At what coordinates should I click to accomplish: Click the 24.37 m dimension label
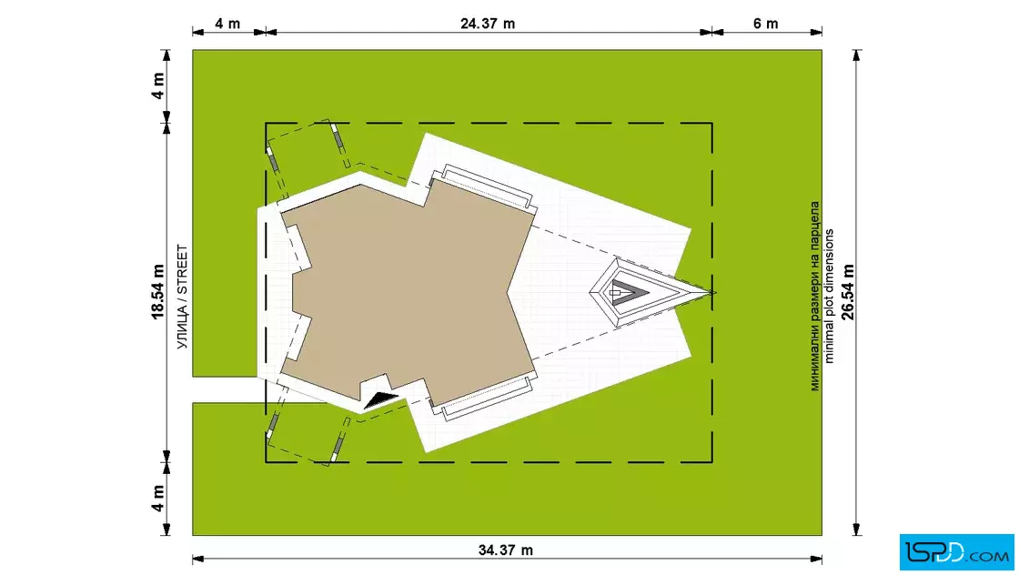tap(488, 24)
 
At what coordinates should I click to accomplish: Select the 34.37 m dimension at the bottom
tap(506, 550)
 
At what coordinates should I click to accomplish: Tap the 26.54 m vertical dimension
tap(848, 292)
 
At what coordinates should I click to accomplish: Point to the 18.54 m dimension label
tap(158, 292)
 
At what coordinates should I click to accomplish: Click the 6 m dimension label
tap(765, 24)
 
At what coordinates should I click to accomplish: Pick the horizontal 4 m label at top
tap(227, 24)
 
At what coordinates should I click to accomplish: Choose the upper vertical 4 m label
tap(158, 86)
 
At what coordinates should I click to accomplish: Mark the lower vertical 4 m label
tap(158, 499)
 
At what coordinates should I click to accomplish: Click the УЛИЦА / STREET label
tap(183, 297)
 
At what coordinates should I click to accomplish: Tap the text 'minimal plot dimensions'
tap(829, 297)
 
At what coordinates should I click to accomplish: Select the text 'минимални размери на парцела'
tap(815, 297)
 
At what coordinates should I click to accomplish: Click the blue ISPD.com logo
tap(956, 552)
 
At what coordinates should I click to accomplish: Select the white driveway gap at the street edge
tap(225, 389)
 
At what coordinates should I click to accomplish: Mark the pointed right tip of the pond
tap(715, 292)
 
